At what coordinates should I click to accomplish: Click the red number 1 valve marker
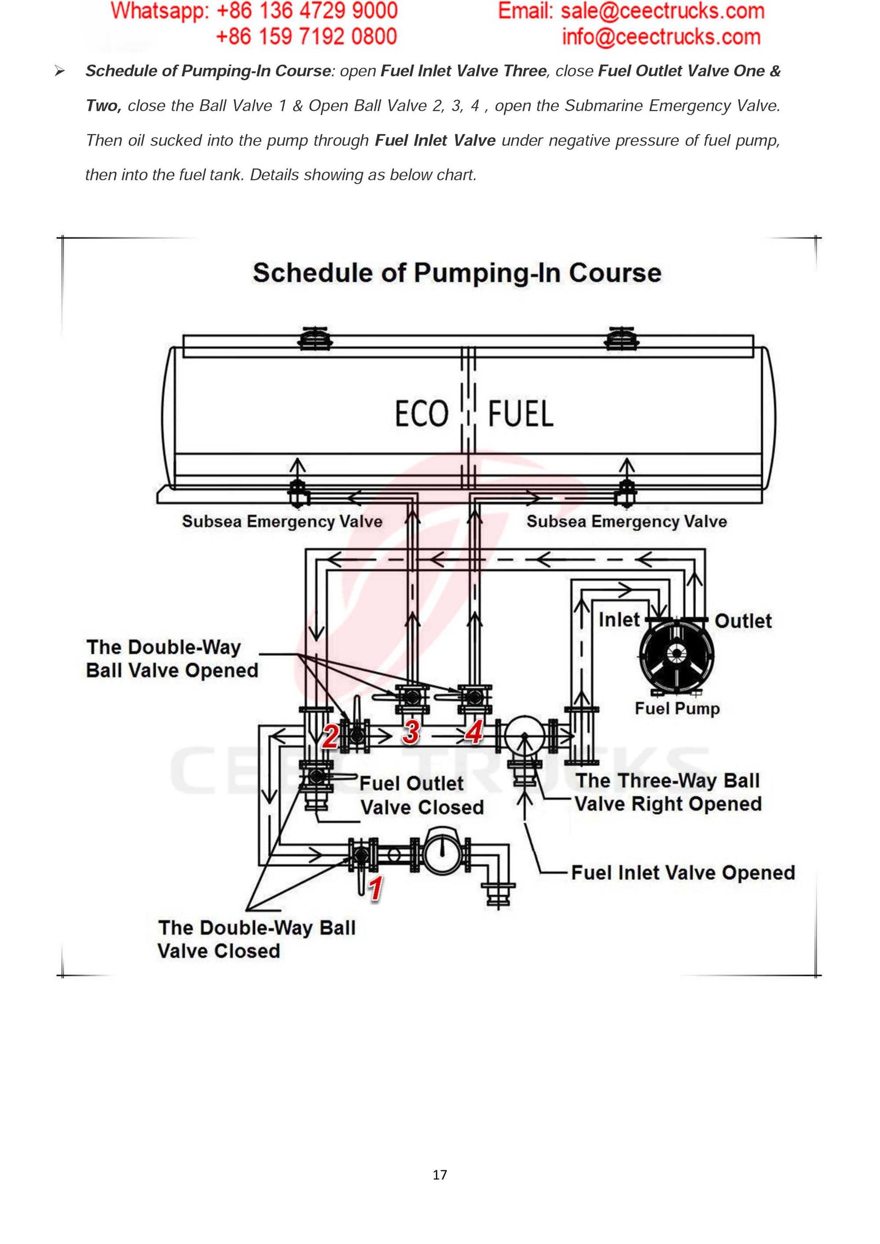click(x=375, y=888)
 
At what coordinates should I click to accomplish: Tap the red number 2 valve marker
click(x=330, y=736)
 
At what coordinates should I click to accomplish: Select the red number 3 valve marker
click(x=411, y=733)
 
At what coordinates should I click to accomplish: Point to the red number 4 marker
click(x=475, y=733)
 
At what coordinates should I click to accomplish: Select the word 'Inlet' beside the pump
click(x=619, y=620)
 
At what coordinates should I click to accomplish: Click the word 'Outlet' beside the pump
click(x=743, y=621)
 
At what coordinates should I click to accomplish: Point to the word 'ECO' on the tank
click(x=422, y=414)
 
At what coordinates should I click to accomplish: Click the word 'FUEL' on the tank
click(x=521, y=414)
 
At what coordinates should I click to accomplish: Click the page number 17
click(x=440, y=1174)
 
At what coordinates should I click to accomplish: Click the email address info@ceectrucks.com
click(x=661, y=37)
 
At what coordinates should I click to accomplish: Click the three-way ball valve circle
click(x=524, y=736)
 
